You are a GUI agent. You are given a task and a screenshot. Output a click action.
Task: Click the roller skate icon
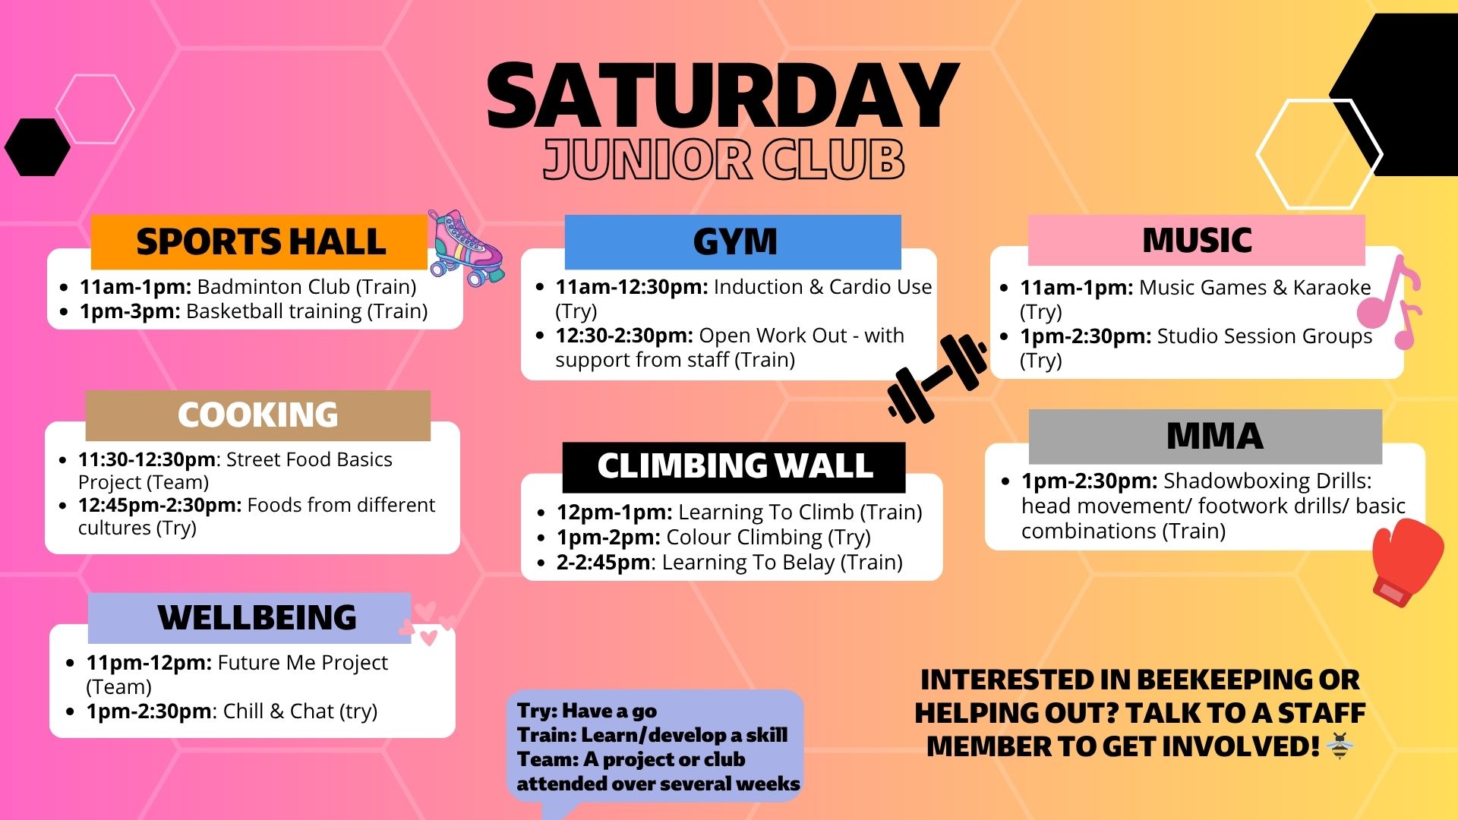tap(464, 247)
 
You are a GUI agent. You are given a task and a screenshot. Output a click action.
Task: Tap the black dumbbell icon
tap(937, 378)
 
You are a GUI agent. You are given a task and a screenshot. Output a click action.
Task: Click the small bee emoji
tap(1340, 746)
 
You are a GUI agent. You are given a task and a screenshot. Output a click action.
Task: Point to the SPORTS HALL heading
tap(260, 242)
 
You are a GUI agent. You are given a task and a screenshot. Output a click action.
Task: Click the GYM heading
tap(734, 242)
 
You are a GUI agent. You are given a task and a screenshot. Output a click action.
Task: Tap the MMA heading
tap(1213, 437)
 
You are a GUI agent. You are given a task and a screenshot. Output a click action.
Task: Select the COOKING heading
tap(257, 415)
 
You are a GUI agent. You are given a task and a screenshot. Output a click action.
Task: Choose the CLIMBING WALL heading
tap(734, 466)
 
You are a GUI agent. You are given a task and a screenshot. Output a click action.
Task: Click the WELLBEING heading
tap(257, 617)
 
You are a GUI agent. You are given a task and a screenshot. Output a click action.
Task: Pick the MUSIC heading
tap(1197, 241)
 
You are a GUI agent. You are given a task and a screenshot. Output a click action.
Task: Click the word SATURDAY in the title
tap(722, 97)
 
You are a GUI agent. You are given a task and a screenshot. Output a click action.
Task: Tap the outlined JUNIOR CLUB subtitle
tap(723, 160)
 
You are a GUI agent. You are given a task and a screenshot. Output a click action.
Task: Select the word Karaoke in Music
tap(1332, 288)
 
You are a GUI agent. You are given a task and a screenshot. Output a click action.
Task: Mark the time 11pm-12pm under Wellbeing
tap(149, 663)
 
